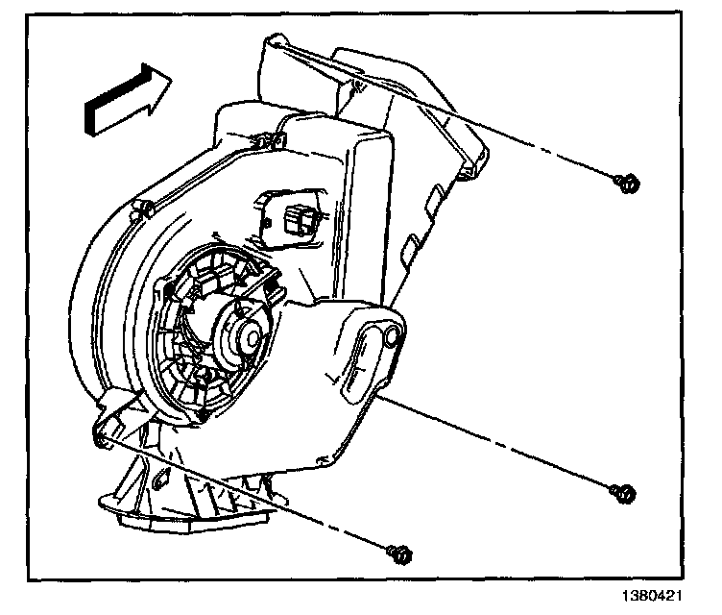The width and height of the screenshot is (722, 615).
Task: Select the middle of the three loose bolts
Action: tap(623, 491)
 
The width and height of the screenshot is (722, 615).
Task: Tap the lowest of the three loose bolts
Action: tap(401, 553)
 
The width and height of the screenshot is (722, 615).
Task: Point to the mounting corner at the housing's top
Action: tap(277, 42)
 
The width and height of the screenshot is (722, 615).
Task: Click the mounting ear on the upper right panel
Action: tap(470, 171)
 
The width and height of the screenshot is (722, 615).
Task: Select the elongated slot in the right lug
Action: tap(364, 366)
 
